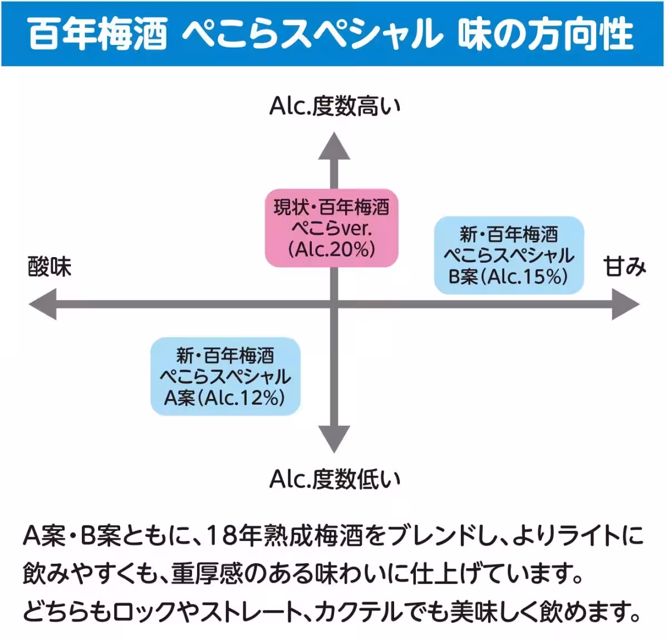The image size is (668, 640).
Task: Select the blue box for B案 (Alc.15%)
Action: coord(508,255)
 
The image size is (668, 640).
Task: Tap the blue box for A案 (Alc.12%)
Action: coord(225,376)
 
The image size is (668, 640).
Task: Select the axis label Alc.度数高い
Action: coord(335,106)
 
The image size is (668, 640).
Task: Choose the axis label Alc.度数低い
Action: coord(335,479)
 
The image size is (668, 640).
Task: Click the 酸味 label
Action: coord(50,267)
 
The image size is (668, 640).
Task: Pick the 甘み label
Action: coord(625,267)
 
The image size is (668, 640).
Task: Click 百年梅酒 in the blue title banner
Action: coord(98,34)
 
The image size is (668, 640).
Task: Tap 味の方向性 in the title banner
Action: coord(546,34)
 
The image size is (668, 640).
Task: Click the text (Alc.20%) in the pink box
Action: coord(331,249)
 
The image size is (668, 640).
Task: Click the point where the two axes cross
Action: coord(334,304)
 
